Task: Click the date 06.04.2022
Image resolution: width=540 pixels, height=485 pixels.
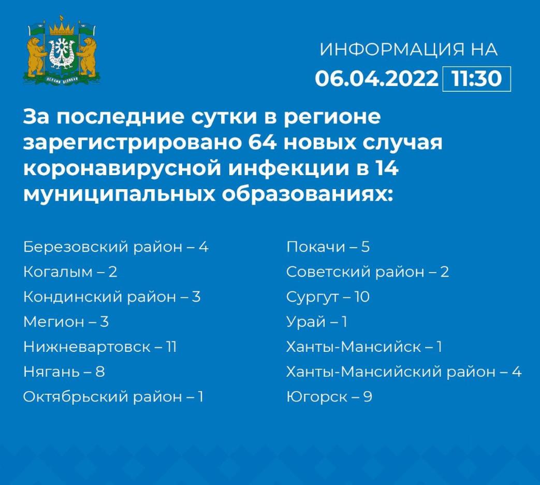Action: point(376,78)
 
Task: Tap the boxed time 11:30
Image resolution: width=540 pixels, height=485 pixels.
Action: point(477,79)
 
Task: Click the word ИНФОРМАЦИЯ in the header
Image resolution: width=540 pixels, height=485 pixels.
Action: point(392,49)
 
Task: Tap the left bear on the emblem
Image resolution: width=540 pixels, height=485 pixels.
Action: point(36,56)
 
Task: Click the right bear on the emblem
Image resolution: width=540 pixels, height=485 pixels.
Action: point(87,56)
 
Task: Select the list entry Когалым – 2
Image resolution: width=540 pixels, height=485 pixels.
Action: point(70,272)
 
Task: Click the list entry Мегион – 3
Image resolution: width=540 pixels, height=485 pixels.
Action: point(66,322)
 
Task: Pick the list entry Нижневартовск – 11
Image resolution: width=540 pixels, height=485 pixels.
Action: point(100,347)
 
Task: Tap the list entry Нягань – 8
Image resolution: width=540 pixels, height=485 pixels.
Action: point(64,372)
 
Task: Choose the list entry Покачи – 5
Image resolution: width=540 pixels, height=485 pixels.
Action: point(328,247)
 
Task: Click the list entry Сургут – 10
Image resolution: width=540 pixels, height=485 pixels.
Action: point(328,297)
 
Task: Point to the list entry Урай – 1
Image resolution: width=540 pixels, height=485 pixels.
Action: point(317,322)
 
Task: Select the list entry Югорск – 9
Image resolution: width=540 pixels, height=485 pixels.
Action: point(329,397)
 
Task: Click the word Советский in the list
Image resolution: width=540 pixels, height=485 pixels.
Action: point(328,272)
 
